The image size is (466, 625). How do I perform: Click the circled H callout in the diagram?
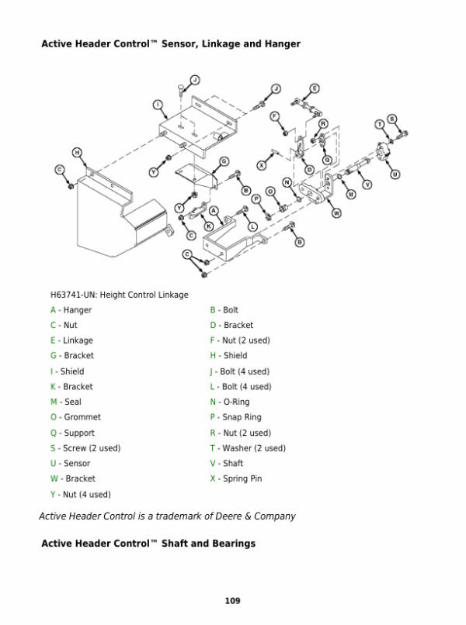click(x=77, y=152)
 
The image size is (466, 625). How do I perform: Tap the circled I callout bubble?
click(x=158, y=105)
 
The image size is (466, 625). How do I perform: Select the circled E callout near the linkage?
click(x=315, y=88)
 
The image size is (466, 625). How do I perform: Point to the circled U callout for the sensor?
click(x=395, y=174)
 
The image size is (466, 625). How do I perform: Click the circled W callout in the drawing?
click(x=337, y=213)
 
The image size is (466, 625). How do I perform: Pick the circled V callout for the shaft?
click(x=367, y=185)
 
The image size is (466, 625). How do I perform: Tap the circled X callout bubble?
click(x=262, y=165)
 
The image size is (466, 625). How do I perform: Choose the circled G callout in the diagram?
click(x=224, y=161)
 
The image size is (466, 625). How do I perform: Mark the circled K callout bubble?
click(x=209, y=226)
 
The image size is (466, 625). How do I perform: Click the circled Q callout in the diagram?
click(x=328, y=160)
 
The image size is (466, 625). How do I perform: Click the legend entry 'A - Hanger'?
click(x=71, y=310)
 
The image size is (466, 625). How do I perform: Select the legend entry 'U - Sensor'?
click(x=70, y=463)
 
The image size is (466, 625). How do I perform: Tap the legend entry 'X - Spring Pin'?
click(x=236, y=478)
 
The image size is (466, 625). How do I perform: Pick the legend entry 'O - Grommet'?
click(x=75, y=417)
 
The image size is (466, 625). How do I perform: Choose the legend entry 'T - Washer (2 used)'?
click(x=248, y=448)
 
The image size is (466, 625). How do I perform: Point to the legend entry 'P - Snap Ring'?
click(x=235, y=417)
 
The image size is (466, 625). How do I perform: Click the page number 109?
click(x=232, y=601)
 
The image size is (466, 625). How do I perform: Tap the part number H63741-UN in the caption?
click(x=74, y=295)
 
